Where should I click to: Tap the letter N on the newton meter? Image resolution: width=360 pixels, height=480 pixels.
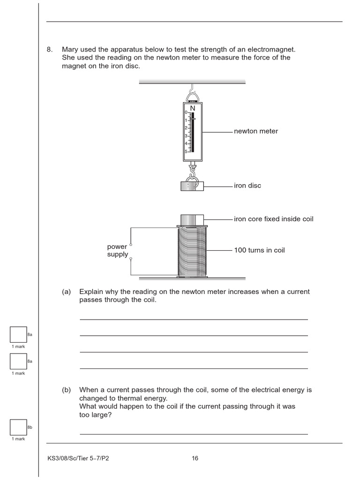pyautogui.click(x=192, y=108)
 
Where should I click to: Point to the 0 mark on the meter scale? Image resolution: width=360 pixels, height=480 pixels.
pyautogui.click(x=186, y=112)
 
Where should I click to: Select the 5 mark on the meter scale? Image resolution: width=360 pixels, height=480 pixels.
pyautogui.click(x=186, y=151)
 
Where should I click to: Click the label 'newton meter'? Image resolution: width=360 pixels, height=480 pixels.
pyautogui.click(x=256, y=131)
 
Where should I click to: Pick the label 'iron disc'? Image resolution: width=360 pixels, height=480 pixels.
pyautogui.click(x=247, y=186)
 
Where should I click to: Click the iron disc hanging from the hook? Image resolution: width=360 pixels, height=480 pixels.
pyautogui.click(x=192, y=186)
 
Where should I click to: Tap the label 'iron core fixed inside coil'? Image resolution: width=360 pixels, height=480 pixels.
pyautogui.click(x=274, y=219)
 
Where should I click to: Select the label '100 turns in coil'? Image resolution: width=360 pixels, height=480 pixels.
pyautogui.click(x=259, y=250)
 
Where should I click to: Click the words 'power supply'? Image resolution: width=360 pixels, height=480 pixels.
pyautogui.click(x=117, y=250)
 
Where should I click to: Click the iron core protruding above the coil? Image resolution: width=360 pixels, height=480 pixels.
pyautogui.click(x=192, y=220)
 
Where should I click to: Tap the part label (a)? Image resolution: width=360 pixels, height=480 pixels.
pyautogui.click(x=66, y=292)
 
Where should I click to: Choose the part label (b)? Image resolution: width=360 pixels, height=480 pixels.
pyautogui.click(x=66, y=390)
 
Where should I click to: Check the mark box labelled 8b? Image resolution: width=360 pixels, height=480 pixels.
pyautogui.click(x=18, y=427)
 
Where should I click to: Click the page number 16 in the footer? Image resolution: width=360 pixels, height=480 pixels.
pyautogui.click(x=195, y=458)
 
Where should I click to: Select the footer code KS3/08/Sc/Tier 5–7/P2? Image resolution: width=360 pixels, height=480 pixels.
pyautogui.click(x=78, y=458)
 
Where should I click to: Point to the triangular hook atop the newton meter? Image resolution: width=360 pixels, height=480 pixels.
pyautogui.click(x=192, y=97)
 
